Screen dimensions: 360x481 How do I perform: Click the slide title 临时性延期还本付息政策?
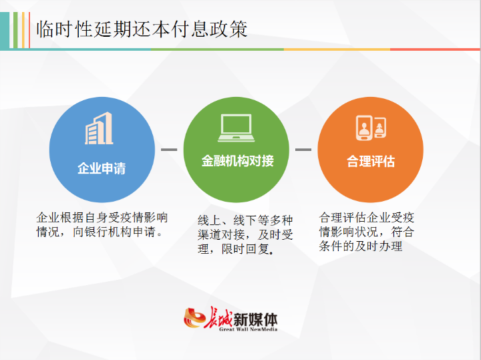pos(142,29)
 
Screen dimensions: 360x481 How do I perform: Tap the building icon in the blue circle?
pos(99,129)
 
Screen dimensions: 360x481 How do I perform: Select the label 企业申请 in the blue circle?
pos(102,168)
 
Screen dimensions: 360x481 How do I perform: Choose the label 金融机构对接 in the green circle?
pos(237,162)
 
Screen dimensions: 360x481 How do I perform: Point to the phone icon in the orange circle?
pos(371,128)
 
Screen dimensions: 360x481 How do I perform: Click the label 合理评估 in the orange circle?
pos(371,162)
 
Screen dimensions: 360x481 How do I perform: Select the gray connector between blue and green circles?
pos(169,150)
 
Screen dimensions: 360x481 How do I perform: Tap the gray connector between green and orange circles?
pos(303,150)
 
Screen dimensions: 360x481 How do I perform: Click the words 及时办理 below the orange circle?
pos(380,246)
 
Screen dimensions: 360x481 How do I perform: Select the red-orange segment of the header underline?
pos(435,49)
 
